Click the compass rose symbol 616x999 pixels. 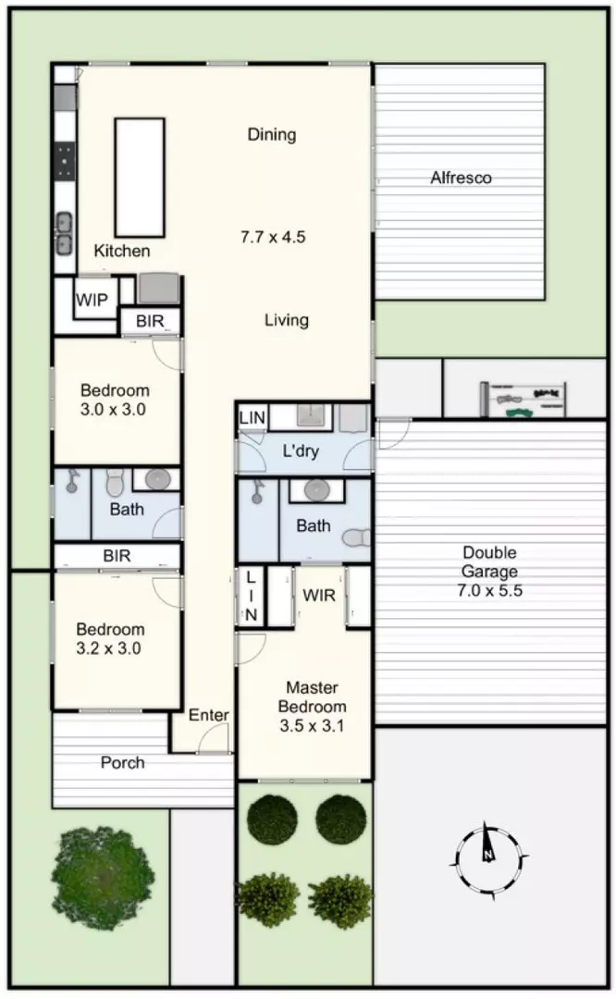[x=489, y=861]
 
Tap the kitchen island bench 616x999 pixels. [x=140, y=177]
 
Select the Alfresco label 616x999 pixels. [x=461, y=178]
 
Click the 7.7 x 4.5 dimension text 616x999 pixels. [x=273, y=237]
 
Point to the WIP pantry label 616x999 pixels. [x=92, y=300]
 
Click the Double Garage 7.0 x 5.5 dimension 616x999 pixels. [x=489, y=590]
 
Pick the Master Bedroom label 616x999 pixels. [x=312, y=697]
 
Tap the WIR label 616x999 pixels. [x=318, y=596]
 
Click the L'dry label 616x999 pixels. [x=300, y=451]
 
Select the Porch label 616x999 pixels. [x=122, y=762]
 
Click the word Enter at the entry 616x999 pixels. [x=208, y=715]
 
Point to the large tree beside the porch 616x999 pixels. [x=104, y=878]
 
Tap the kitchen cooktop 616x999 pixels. [x=65, y=159]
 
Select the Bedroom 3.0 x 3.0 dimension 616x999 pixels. [x=113, y=410]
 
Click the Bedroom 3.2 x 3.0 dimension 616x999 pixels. [x=108, y=648]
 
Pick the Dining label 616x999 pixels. [x=272, y=134]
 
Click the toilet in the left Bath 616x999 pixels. [x=116, y=482]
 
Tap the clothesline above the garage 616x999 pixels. [x=523, y=399]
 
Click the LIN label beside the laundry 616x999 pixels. [x=252, y=418]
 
